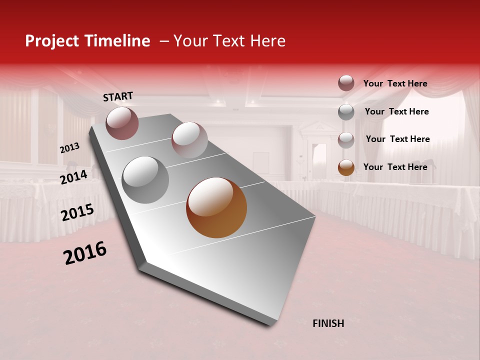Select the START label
[118, 96]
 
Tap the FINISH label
[328, 323]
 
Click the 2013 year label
[69, 148]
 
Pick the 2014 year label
[73, 177]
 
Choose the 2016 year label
[85, 253]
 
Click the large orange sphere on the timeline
[216, 207]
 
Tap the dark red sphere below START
[122, 123]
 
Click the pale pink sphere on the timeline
[189, 140]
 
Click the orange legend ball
[346, 167]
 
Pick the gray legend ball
[346, 112]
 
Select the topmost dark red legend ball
[346, 83]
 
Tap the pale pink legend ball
[346, 140]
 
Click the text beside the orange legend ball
[395, 167]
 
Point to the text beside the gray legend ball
[396, 111]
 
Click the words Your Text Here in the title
[229, 41]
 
